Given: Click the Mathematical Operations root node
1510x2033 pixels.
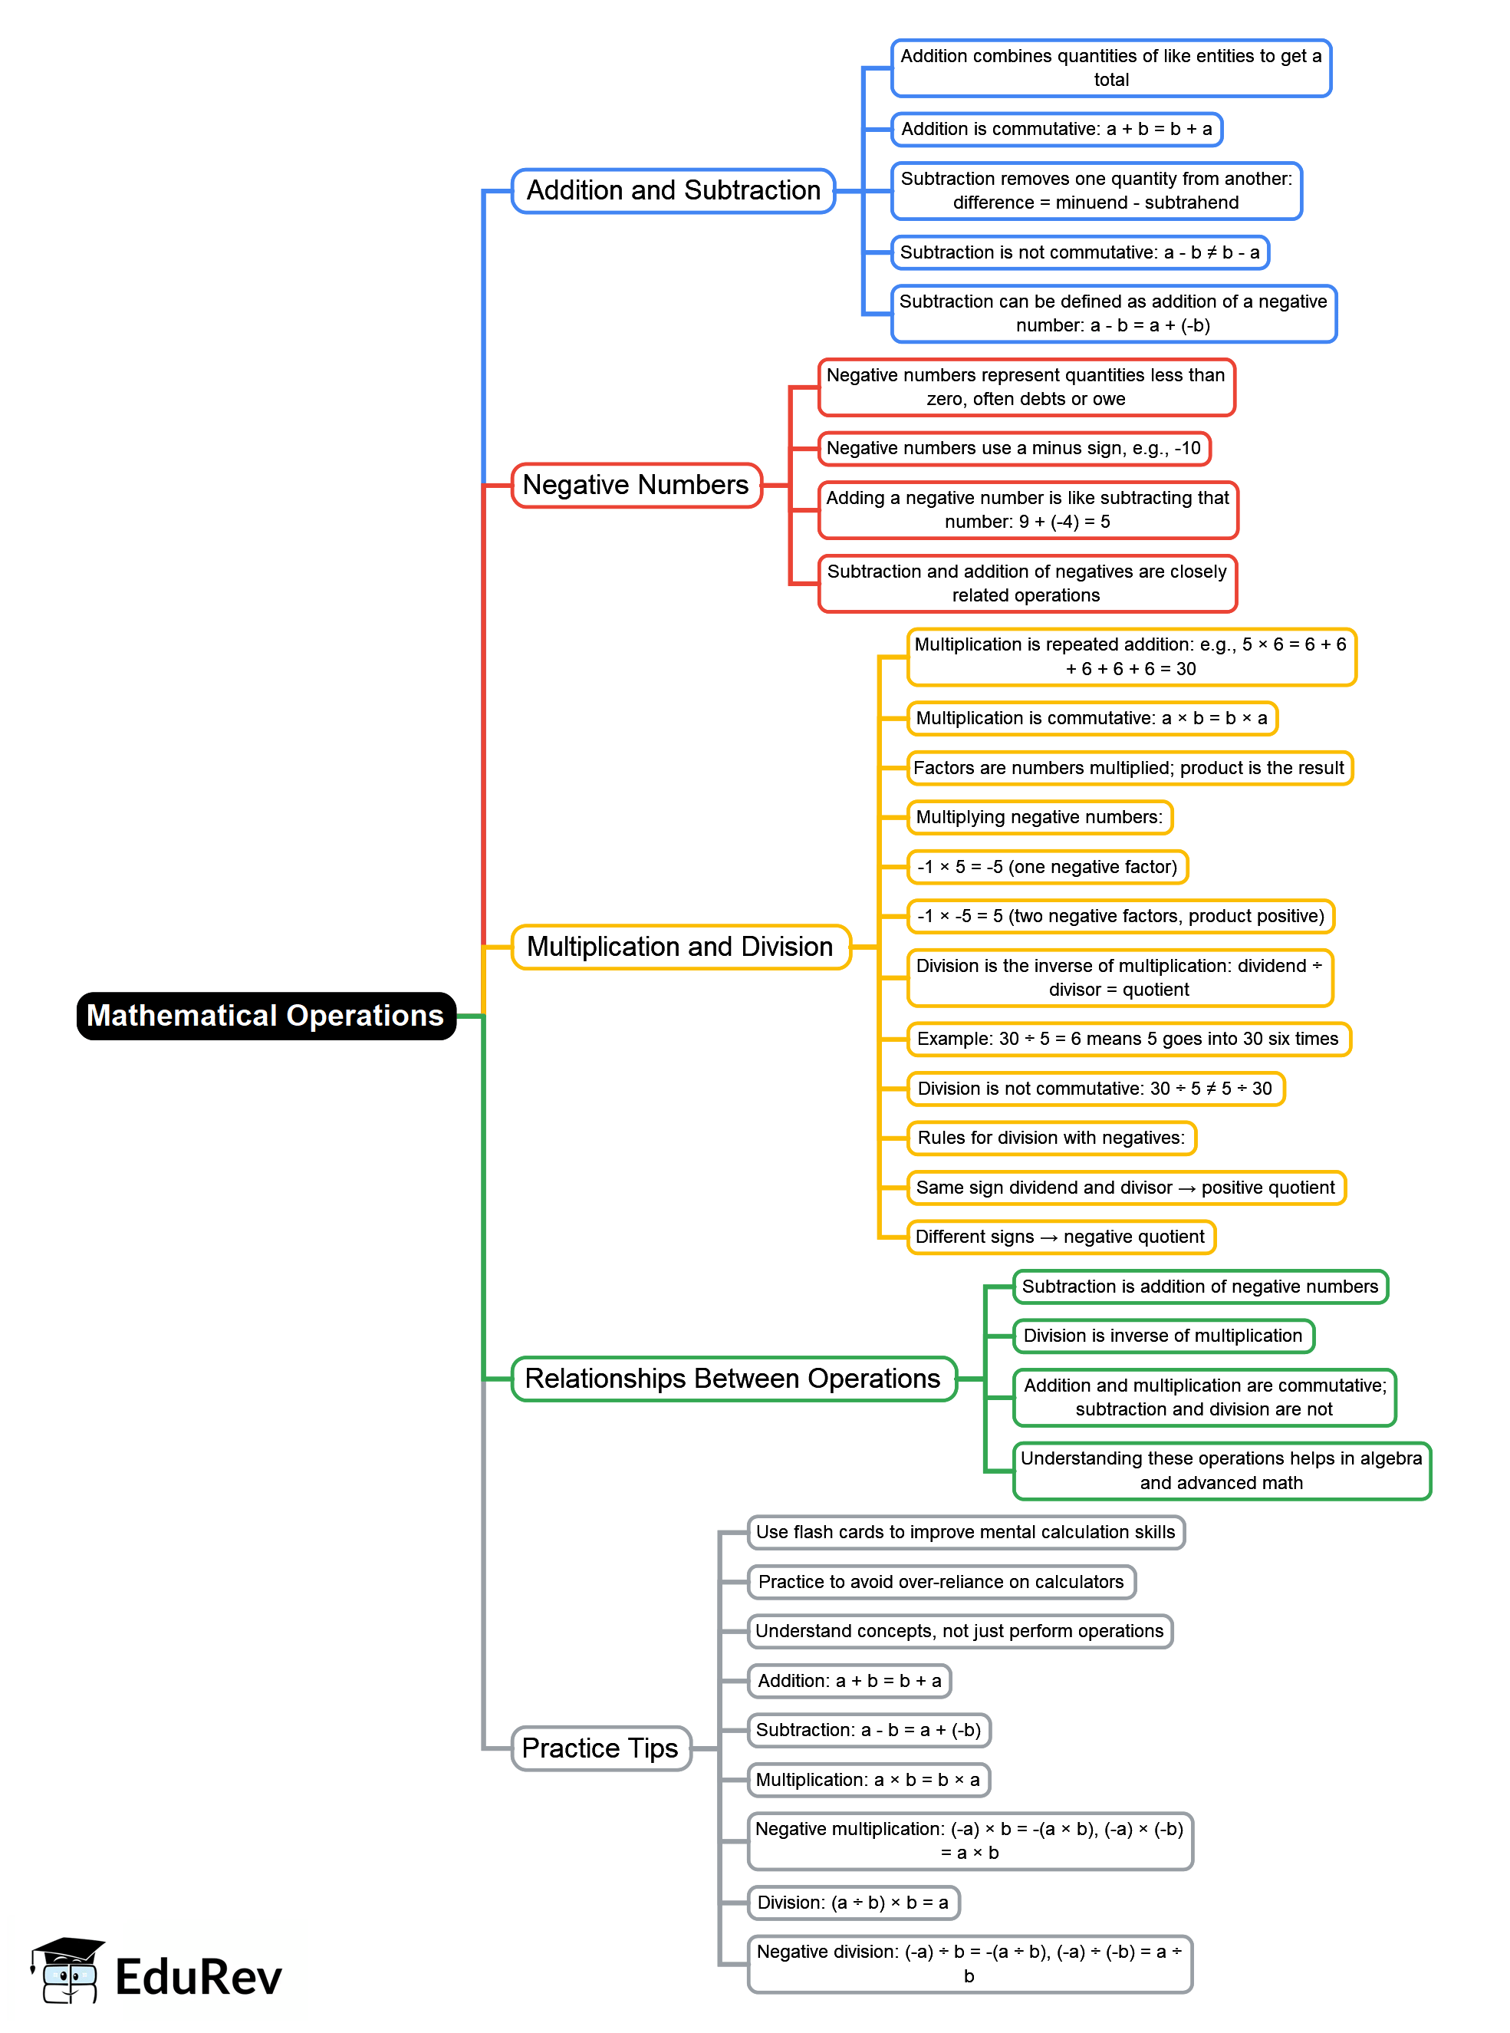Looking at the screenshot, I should pos(266,1016).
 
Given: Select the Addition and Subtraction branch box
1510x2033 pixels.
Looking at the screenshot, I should pos(673,191).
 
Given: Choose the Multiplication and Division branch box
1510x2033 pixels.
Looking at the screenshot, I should pos(680,947).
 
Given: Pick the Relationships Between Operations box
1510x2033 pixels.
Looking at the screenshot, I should pos(733,1379).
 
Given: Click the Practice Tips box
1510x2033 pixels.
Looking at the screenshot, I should pos(600,1748).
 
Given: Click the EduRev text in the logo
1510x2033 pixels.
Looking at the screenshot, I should pos(199,1977).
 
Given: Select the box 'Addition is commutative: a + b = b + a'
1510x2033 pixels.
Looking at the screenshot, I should pos(1056,129).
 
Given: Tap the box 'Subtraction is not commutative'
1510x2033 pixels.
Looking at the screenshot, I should pos(1080,252).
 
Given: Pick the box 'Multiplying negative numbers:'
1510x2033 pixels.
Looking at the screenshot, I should pos(1039,817).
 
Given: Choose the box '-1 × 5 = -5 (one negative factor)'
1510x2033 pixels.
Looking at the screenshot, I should pos(1047,867).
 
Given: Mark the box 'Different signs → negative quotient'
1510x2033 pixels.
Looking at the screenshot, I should pos(1061,1237).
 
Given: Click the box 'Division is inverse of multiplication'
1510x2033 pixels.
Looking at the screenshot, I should pos(1163,1336).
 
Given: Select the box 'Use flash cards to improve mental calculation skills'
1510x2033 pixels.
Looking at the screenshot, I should pos(966,1532).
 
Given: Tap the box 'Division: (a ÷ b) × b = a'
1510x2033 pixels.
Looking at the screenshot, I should pos(853,1903).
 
